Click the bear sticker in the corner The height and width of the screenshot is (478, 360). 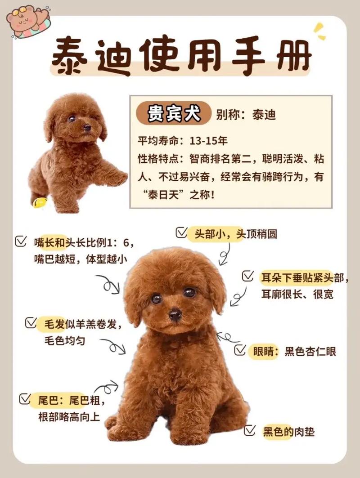[28, 20]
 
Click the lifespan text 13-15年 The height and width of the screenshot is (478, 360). [209, 140]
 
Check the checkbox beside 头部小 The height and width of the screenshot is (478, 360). [182, 232]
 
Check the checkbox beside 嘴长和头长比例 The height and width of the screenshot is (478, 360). [20, 241]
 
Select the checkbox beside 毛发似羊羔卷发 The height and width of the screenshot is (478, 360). [31, 323]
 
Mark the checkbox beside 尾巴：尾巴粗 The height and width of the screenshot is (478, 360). [24, 398]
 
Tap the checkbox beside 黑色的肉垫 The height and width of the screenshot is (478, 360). [250, 431]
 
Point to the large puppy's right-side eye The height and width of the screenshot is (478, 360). [190, 292]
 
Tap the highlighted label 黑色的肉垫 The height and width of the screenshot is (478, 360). [288, 432]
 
